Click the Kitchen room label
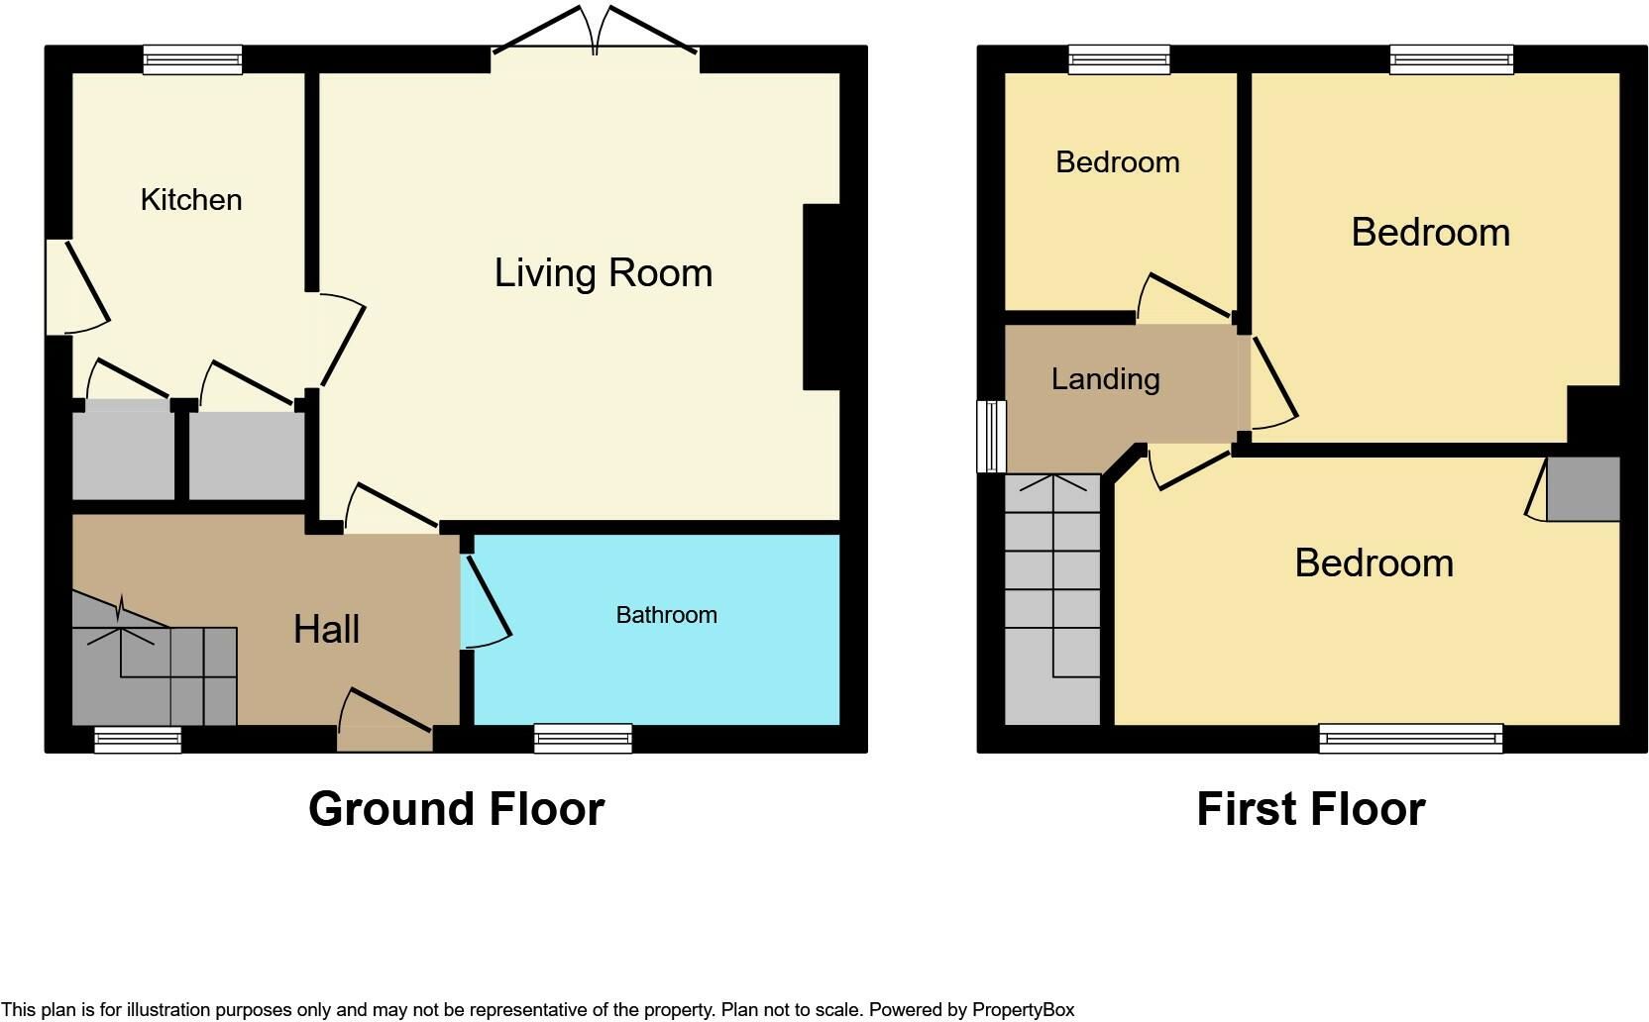coord(191,200)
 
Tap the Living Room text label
coord(603,273)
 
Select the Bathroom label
coord(666,615)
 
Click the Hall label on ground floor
coord(326,630)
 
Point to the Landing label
coord(1105,379)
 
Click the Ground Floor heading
coord(456,809)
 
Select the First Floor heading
coord(1310,809)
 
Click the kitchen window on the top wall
coord(192,60)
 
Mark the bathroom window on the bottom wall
coord(583,738)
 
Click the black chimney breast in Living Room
coord(822,297)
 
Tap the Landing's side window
coord(990,436)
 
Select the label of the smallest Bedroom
coord(1117,162)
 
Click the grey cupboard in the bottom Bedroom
coord(1583,489)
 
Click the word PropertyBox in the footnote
coord(1023,1010)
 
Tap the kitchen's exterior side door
coord(74,287)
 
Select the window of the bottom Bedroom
coord(1410,738)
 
